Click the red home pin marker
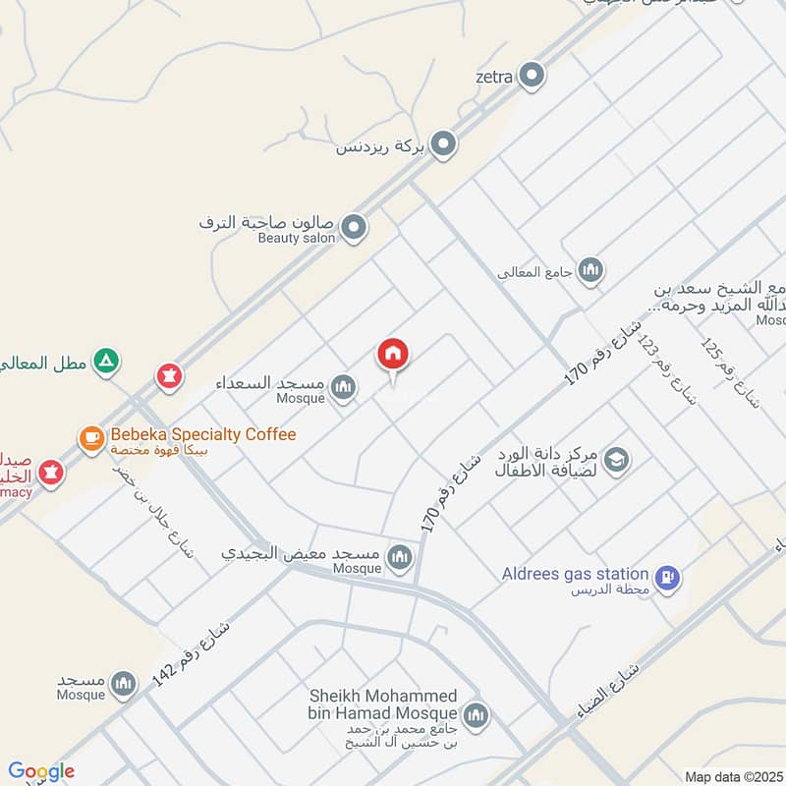(393, 356)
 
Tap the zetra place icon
(532, 75)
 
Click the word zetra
(494, 76)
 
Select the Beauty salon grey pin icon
(355, 228)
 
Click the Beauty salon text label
(297, 238)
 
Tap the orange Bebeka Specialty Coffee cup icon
(91, 438)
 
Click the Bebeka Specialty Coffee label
(202, 434)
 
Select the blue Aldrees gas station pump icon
(667, 578)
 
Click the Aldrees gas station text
(575, 574)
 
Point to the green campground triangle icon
(106, 363)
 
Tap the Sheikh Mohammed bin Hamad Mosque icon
(476, 715)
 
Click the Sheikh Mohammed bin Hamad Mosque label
(383, 704)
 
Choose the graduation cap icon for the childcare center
(616, 460)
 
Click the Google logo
(41, 771)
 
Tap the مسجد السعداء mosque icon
(342, 388)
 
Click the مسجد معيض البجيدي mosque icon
(399, 559)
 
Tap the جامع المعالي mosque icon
(589, 270)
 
